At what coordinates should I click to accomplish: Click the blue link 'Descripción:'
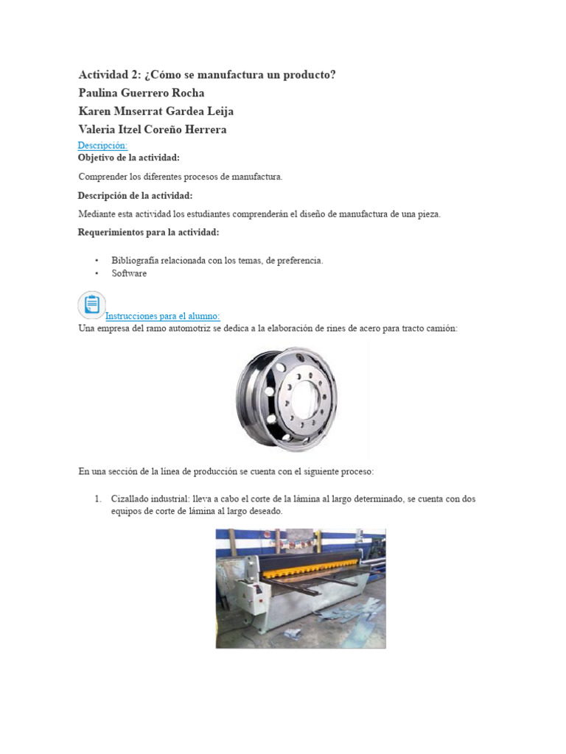pos(102,146)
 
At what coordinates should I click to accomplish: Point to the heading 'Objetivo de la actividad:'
pos(129,158)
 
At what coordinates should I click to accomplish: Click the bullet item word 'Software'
pos(129,273)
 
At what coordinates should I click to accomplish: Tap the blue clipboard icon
pos(91,304)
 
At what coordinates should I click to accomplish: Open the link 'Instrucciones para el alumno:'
pos(163,316)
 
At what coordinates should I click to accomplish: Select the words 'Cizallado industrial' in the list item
pos(150,498)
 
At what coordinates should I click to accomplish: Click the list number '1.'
pos(98,498)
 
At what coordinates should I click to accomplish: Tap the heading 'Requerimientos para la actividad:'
pos(148,233)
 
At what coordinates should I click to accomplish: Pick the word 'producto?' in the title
pos(310,74)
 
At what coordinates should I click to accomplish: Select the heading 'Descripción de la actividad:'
pos(135,195)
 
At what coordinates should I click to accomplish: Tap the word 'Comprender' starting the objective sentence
pos(102,177)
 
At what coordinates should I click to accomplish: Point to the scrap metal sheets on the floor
pos(360,616)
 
